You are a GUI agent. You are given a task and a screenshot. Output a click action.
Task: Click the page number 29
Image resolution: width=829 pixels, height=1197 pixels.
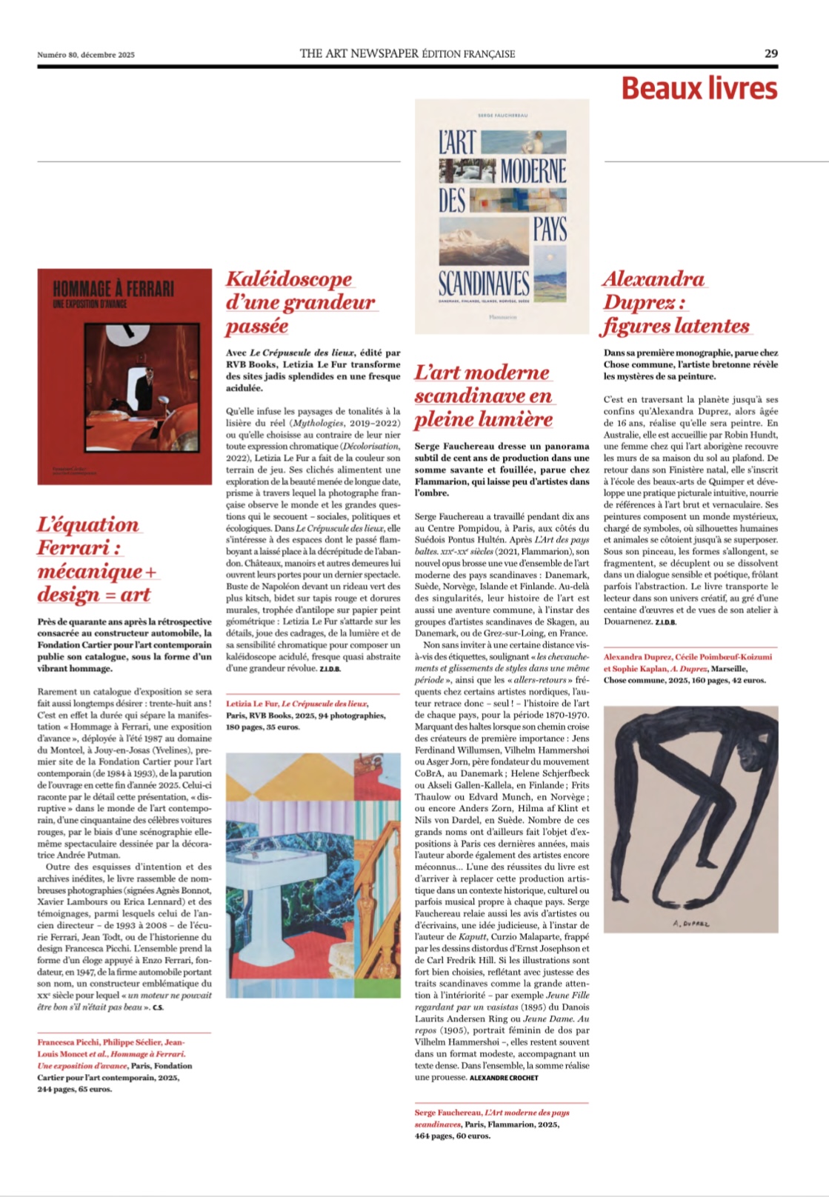point(770,53)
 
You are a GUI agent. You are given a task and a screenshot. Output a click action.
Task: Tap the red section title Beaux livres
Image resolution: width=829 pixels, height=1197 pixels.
point(699,88)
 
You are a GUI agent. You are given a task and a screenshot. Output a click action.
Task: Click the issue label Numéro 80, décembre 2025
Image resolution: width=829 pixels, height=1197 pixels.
point(86,54)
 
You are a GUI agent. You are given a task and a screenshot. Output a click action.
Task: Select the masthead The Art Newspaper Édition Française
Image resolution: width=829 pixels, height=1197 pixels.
point(407,53)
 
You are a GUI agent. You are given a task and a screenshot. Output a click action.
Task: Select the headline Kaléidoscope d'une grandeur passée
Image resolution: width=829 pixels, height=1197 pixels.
point(299,302)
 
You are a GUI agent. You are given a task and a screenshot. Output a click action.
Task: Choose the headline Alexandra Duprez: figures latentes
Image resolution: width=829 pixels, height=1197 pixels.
point(675,302)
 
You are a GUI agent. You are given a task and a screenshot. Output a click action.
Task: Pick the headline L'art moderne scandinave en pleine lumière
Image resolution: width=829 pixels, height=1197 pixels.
point(483,396)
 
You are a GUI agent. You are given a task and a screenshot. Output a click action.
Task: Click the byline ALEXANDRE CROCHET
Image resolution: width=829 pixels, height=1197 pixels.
point(504,1078)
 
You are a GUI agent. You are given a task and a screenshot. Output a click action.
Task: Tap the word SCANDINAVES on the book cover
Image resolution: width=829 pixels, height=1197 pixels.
point(484,284)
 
